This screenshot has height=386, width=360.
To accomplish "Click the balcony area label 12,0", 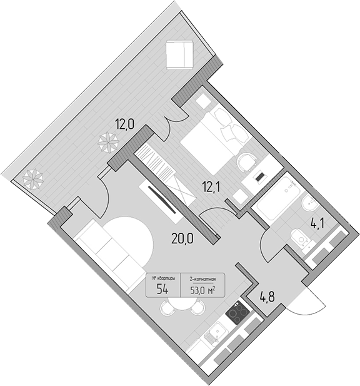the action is [125, 124].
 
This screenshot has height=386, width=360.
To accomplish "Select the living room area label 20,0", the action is [182, 238].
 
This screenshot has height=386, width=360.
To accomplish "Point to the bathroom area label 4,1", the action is [317, 224].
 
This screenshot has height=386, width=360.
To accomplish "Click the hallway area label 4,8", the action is [267, 297].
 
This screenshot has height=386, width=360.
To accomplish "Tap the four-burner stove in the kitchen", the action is [237, 313].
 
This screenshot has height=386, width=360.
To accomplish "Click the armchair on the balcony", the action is [179, 54].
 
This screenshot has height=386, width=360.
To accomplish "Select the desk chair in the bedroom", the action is [247, 163].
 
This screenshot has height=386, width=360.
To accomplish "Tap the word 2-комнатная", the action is [202, 279].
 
